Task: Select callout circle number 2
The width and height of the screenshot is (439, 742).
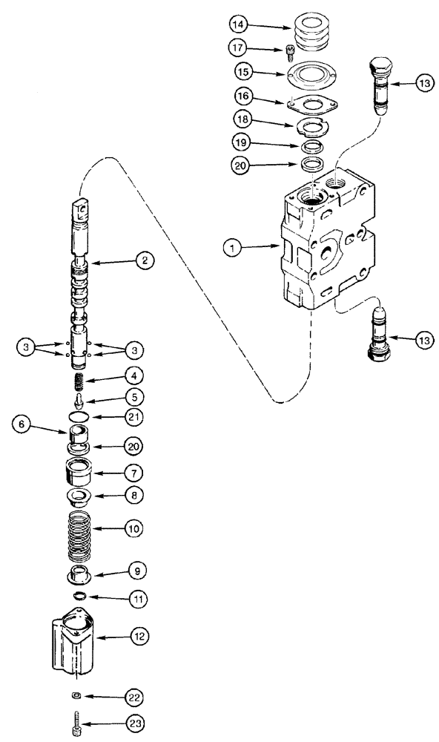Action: tap(145, 260)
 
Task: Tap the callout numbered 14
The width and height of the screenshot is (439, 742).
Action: tap(237, 24)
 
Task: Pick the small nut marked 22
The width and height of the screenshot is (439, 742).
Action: tap(76, 697)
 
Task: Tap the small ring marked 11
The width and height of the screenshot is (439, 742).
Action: tap(79, 596)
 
